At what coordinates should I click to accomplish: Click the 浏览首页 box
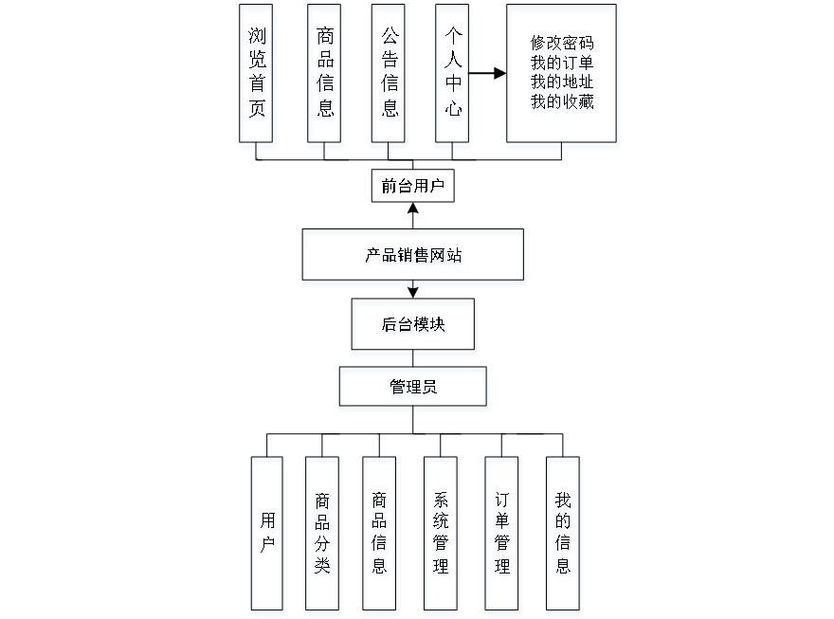coord(257,77)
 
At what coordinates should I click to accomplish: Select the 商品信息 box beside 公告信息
coord(325,77)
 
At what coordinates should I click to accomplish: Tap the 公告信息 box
coord(390,77)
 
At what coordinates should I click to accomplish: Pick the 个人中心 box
coord(453,77)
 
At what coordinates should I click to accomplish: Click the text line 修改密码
coord(563,45)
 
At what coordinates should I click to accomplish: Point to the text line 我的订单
coord(563,64)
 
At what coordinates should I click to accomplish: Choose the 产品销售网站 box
coord(413,257)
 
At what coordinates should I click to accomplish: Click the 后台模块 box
coord(414,327)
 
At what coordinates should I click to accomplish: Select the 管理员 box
coord(414,390)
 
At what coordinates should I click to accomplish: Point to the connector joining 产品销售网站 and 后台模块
coord(413,293)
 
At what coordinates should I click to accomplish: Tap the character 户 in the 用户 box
coord(268,548)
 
